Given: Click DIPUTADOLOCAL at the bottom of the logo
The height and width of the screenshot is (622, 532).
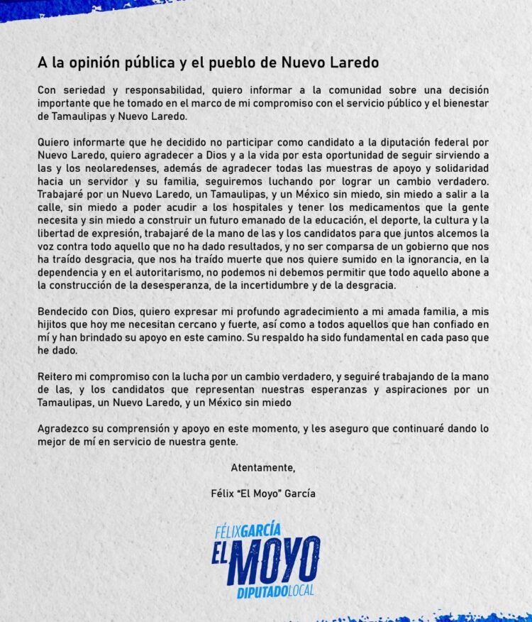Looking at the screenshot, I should (276, 591).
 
